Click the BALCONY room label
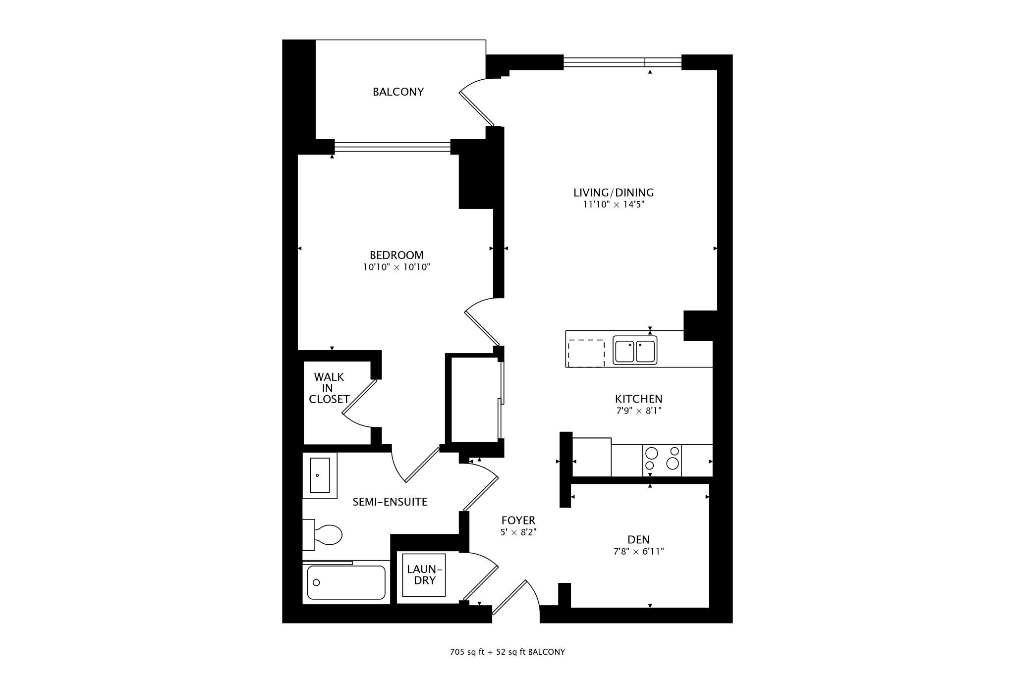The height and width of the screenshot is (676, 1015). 398,92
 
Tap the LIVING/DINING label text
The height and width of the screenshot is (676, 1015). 614,193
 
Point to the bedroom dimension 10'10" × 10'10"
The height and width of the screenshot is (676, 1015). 396,267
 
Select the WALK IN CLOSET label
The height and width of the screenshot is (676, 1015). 329,388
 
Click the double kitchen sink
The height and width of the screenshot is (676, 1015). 635,350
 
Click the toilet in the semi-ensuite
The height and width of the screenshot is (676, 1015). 322,535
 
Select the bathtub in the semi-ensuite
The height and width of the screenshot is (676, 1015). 346,582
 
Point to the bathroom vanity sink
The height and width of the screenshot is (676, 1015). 320,475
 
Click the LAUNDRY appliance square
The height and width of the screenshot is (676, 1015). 424,575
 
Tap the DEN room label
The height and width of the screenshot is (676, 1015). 638,539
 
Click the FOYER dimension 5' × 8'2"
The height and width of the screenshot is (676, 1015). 518,533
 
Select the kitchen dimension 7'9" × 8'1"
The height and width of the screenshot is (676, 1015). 639,411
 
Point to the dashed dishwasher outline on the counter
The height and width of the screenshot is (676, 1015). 586,354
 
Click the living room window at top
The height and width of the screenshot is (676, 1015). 622,62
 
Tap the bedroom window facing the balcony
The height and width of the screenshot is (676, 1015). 393,147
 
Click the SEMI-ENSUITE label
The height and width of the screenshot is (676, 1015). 390,502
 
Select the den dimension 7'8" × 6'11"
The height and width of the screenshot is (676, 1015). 638,551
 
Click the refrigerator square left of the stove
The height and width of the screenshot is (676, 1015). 592,458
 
